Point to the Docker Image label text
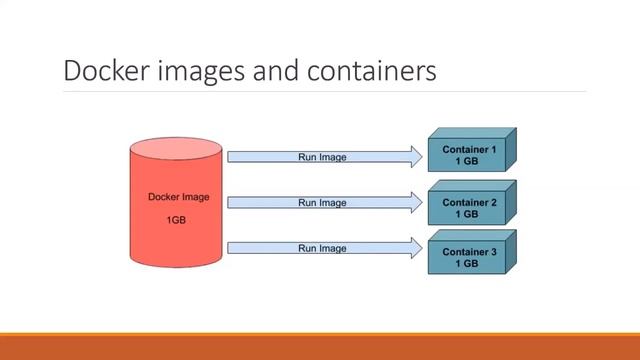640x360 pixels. coord(172,197)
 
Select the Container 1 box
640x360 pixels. coord(470,154)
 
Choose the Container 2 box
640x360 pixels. coord(470,208)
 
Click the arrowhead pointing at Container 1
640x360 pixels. coord(415,156)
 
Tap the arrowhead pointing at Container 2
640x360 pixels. coord(415,203)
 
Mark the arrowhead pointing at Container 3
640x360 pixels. coord(415,248)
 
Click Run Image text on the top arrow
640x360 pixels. coord(322,157)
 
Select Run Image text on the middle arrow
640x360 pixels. coord(322,203)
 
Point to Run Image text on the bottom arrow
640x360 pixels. coord(322,248)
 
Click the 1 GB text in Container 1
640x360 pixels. coord(467,161)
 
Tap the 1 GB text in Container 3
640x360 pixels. coord(467,264)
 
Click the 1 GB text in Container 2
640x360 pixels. coord(467,214)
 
